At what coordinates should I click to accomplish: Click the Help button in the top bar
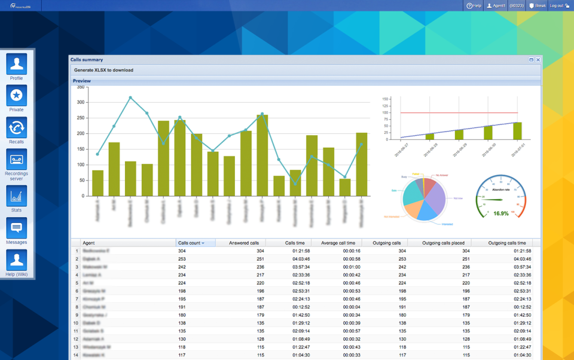[x=474, y=5]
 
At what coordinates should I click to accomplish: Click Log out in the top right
[x=559, y=5]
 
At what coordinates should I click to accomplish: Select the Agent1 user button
[x=496, y=5]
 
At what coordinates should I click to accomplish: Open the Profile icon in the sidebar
[x=16, y=65]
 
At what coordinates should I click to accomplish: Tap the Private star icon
[x=16, y=96]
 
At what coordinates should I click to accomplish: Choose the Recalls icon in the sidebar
[x=16, y=128]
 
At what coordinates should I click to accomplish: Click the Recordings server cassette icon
[x=16, y=160]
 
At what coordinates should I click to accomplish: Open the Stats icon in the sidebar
[x=16, y=197]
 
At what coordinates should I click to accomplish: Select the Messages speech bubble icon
[x=16, y=228]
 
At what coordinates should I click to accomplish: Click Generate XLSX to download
[x=103, y=70]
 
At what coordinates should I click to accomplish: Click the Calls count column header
[x=191, y=243]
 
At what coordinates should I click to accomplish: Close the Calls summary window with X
[x=538, y=60]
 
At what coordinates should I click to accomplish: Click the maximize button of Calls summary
[x=531, y=60]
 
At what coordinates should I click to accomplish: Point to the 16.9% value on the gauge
[x=501, y=213]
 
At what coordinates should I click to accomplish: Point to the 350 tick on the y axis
[x=81, y=87]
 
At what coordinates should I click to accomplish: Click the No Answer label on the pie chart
[x=442, y=175]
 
